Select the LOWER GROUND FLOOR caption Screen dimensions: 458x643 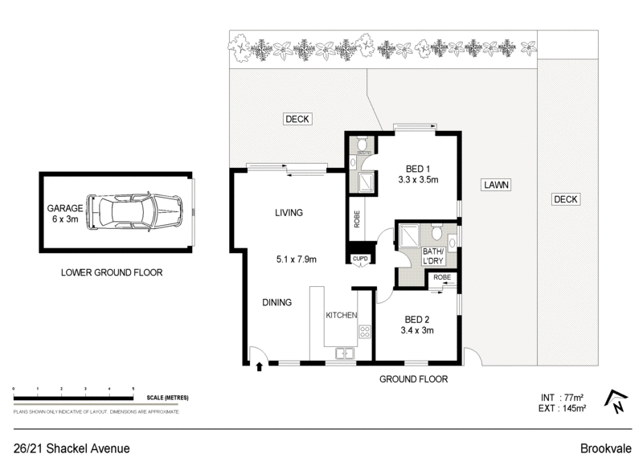click(112, 272)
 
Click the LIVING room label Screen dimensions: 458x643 click(288, 213)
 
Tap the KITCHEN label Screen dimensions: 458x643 click(341, 316)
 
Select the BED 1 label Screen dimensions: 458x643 click(417, 168)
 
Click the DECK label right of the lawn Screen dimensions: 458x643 click(566, 199)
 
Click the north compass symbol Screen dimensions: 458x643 click(616, 399)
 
